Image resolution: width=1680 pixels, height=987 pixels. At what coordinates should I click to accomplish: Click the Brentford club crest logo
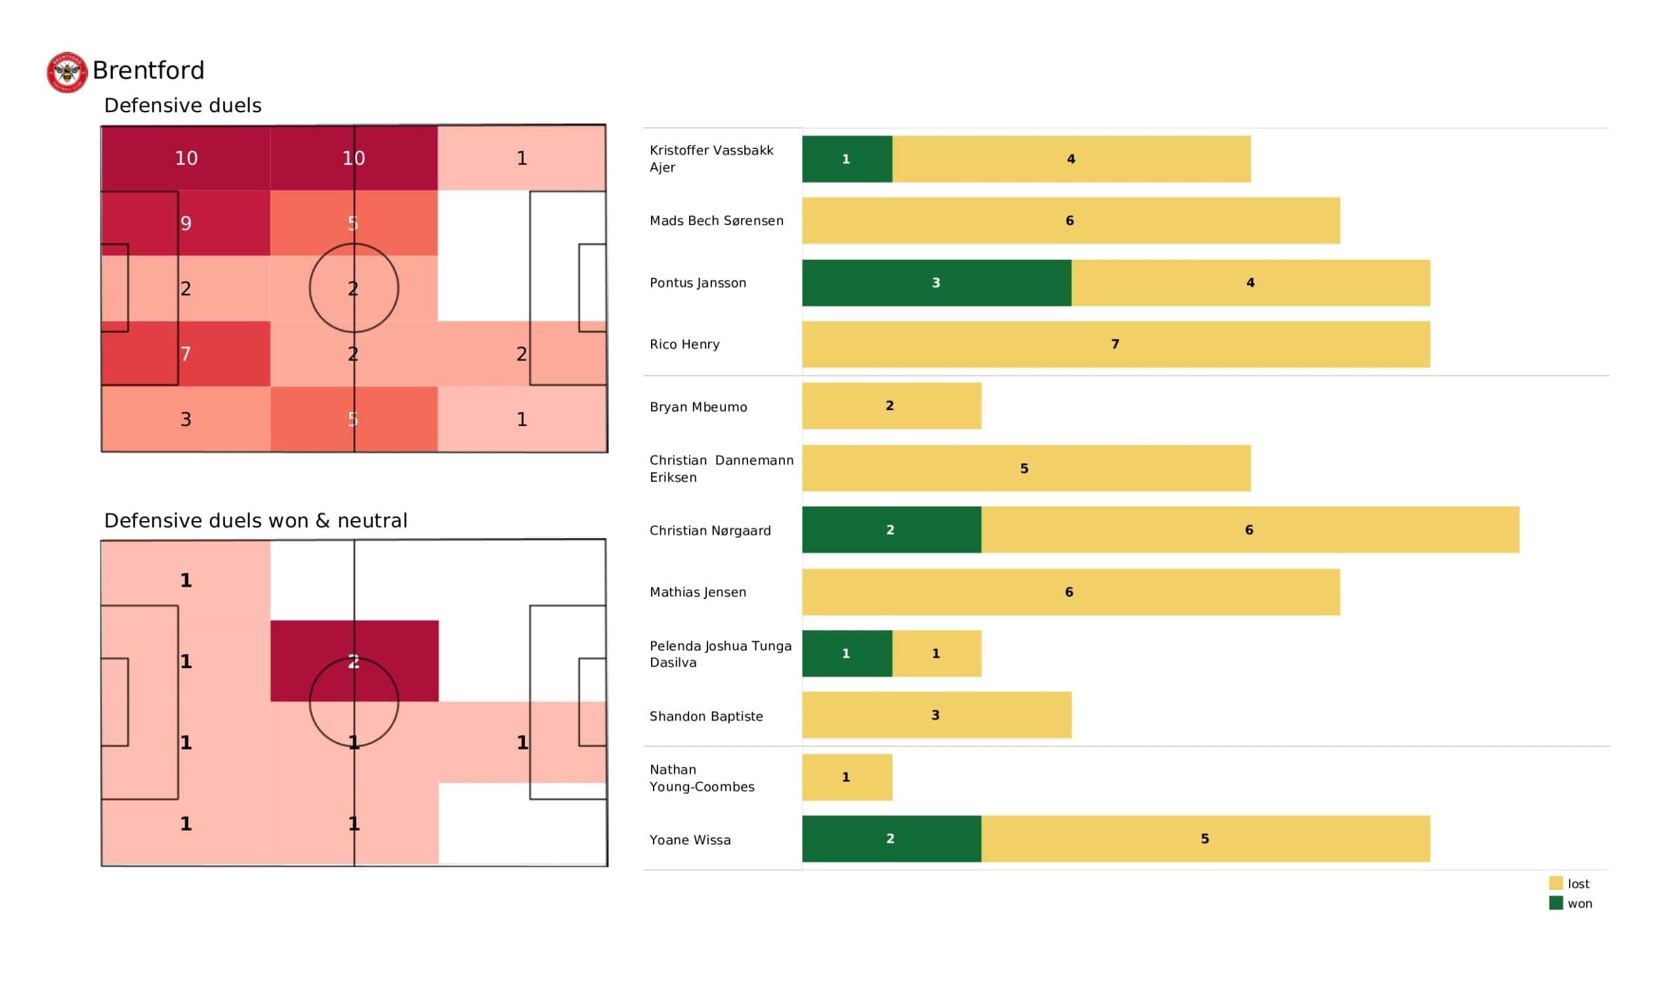click(67, 72)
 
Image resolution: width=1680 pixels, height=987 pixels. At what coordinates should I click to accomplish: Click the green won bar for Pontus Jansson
click(936, 283)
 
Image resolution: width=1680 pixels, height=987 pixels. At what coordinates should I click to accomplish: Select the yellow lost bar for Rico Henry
click(1116, 344)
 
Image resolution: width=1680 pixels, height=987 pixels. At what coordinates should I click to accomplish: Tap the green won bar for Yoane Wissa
click(891, 838)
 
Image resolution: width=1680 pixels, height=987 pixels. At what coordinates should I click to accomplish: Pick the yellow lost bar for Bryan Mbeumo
click(891, 406)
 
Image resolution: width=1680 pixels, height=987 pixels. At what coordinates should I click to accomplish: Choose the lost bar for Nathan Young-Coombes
click(847, 777)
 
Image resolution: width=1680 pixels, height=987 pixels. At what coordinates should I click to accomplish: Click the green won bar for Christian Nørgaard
click(891, 530)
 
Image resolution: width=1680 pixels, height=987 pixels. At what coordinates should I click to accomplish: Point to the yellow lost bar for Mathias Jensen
click(1070, 591)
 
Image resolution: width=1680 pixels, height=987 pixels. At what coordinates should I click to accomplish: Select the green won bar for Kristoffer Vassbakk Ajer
click(847, 159)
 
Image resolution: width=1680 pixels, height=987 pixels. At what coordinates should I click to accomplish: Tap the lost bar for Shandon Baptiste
click(936, 715)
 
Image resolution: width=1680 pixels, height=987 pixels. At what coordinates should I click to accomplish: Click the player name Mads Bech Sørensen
click(717, 220)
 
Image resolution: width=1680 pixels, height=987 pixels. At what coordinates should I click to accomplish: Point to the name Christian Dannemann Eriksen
click(721, 468)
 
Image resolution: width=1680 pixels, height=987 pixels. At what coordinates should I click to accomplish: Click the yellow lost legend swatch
click(1556, 883)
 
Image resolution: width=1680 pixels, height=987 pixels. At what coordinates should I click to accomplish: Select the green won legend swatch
click(1556, 903)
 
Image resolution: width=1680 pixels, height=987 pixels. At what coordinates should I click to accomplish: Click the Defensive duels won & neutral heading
click(255, 520)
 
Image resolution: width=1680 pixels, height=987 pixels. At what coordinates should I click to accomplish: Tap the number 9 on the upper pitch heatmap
click(186, 222)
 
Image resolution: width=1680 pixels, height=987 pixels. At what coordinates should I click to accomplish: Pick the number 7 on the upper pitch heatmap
click(186, 354)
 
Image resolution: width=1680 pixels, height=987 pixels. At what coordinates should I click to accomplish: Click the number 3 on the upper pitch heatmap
click(186, 419)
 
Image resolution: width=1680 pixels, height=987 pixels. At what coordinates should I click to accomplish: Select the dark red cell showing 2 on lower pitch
click(354, 661)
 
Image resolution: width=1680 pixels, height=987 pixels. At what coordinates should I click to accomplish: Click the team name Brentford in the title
click(148, 71)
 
